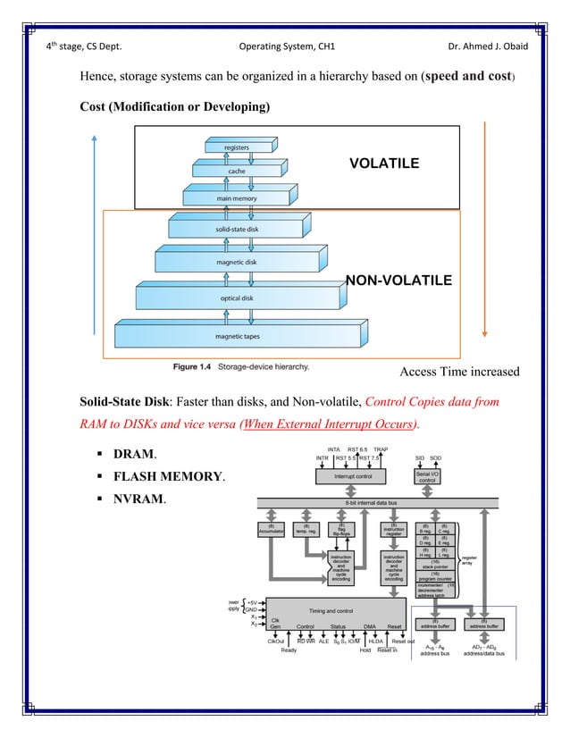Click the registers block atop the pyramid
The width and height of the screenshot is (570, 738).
(x=237, y=147)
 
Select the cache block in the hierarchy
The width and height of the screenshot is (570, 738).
(x=237, y=171)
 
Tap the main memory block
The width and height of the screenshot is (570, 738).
(x=237, y=197)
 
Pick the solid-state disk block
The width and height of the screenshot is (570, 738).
(x=237, y=230)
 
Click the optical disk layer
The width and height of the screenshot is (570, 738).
(x=237, y=298)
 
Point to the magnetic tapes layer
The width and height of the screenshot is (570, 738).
(x=237, y=336)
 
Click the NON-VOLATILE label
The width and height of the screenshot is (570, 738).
(x=398, y=281)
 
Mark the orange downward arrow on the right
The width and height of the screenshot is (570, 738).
(x=483, y=241)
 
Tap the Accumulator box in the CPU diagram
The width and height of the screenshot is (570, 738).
(x=271, y=531)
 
